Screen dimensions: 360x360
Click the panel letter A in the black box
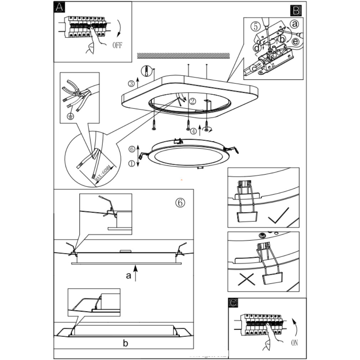(x=59, y=7)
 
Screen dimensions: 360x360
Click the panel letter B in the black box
(x=296, y=11)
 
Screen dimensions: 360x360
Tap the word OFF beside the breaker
(x=118, y=45)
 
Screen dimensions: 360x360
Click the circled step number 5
(x=255, y=26)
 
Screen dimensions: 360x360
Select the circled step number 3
(x=132, y=84)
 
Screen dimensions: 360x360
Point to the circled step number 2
(x=192, y=101)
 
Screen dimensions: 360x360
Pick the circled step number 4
(x=193, y=131)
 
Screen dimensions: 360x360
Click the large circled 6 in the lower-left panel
(x=180, y=202)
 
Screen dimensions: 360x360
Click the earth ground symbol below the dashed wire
(x=71, y=116)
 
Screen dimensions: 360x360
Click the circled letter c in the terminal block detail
(x=253, y=68)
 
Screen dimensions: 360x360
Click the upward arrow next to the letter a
(x=136, y=274)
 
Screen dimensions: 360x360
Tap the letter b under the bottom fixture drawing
(x=125, y=343)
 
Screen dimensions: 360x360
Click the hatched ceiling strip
(x=183, y=56)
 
